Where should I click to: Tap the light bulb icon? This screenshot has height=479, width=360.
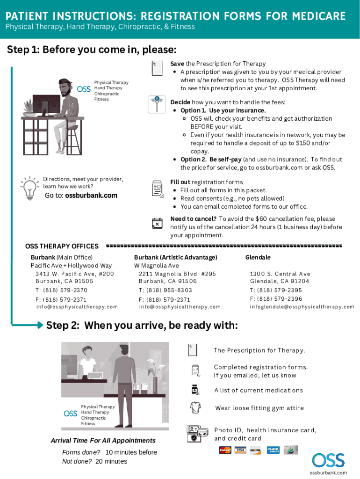[30, 188]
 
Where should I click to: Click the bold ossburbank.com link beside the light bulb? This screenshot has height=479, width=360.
[91, 196]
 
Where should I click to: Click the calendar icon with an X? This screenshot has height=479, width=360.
[158, 223]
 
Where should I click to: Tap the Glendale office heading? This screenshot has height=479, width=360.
[258, 257]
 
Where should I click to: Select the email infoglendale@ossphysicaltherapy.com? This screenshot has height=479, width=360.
[302, 307]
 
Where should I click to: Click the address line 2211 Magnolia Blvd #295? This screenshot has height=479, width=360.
[177, 274]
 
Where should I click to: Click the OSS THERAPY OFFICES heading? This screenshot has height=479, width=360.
[62, 246]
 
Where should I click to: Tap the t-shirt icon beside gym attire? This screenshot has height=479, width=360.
[195, 407]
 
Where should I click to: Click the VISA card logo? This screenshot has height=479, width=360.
[240, 450]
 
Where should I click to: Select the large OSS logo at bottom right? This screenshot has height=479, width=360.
[328, 461]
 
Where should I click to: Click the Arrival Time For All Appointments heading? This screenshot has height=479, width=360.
[103, 440]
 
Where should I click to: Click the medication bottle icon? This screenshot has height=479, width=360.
[195, 390]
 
